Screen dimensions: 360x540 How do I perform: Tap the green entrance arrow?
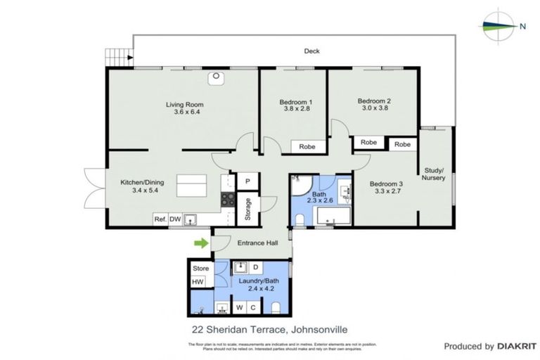tap(201, 243)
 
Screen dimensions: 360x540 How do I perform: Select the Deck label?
tap(311, 51)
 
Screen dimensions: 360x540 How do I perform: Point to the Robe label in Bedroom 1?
tap(307, 147)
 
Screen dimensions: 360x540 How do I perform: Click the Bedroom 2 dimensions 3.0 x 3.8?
tap(373, 108)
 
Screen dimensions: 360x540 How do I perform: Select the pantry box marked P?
tap(247, 181)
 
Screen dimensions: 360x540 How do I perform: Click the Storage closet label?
tap(247, 210)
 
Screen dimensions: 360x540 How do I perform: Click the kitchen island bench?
tap(191, 187)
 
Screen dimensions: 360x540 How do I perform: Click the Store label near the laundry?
tap(200, 268)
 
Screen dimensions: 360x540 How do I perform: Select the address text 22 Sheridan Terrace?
tap(231, 328)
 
